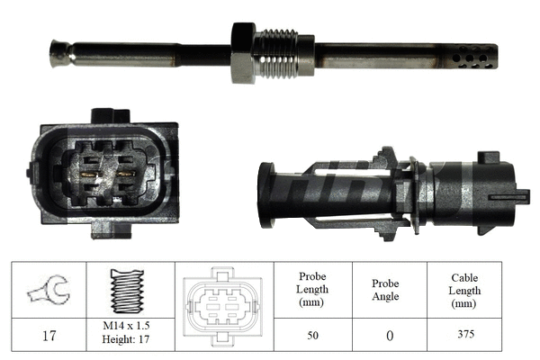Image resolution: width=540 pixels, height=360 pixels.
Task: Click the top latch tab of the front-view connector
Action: tap(110, 116)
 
